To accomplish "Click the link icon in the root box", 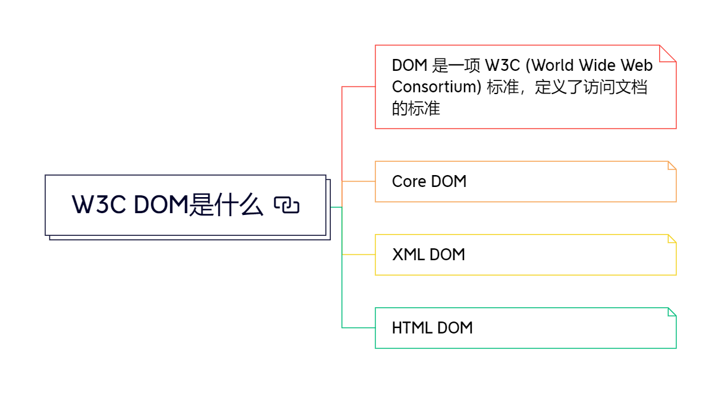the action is coord(287,205).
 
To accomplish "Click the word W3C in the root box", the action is coord(99,205).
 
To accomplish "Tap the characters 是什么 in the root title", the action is coord(225,205).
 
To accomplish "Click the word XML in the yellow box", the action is coord(408,254).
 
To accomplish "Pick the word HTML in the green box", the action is coord(412,328).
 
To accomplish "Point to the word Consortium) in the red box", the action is coord(437,87).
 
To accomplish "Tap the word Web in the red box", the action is coord(637,65).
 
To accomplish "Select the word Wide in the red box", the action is coord(597,65).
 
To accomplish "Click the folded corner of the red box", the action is coord(668,54).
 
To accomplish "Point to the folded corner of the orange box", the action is coord(672,166).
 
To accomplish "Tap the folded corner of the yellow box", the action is coord(672,239).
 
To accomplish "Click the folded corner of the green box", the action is coord(672,312).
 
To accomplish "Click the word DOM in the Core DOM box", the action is coord(449,182).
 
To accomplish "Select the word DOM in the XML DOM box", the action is coord(447,254).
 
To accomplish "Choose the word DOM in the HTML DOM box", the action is coord(455,328).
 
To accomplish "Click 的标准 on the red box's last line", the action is coord(416,108).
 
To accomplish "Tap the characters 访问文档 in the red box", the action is coord(615,87).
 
